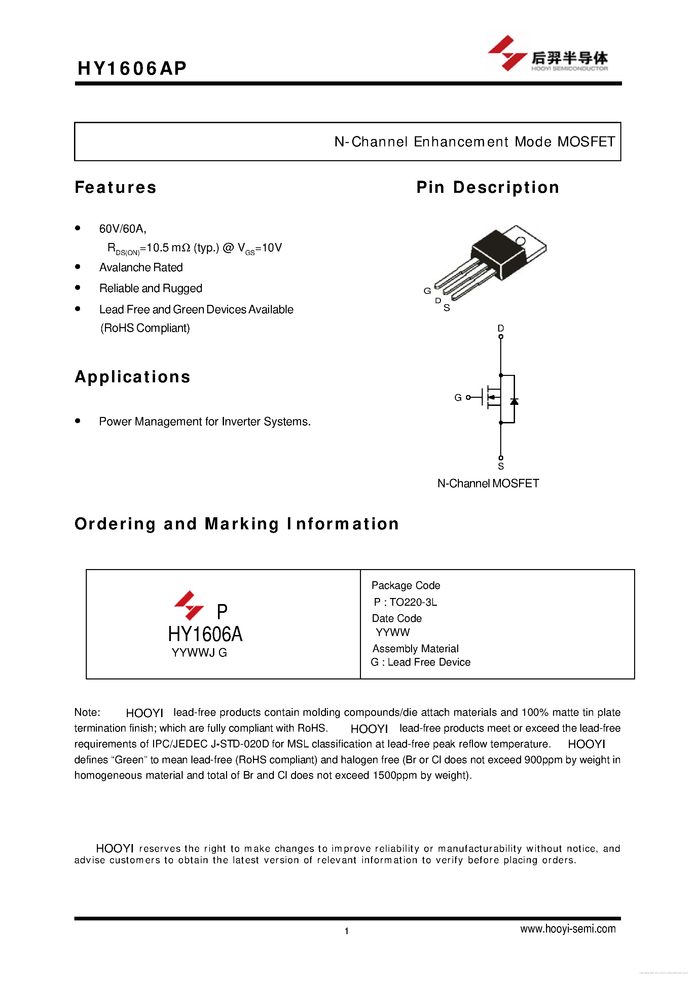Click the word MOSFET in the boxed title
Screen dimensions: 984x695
[x=586, y=142]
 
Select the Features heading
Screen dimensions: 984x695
[x=116, y=187]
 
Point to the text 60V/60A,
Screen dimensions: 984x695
[x=122, y=229]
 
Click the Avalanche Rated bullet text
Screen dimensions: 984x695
[x=141, y=268]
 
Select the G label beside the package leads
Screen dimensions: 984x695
[x=427, y=291]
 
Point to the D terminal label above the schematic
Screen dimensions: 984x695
[x=501, y=328]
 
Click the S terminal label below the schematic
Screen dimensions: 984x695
[x=501, y=466]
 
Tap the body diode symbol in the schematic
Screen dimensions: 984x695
[x=514, y=401]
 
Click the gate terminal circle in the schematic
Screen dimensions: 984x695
[x=468, y=398]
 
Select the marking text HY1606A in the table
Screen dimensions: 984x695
[x=205, y=634]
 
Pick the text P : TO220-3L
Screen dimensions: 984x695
[x=405, y=602]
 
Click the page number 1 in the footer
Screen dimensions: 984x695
[x=346, y=931]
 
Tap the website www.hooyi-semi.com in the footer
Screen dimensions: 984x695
[x=568, y=929]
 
